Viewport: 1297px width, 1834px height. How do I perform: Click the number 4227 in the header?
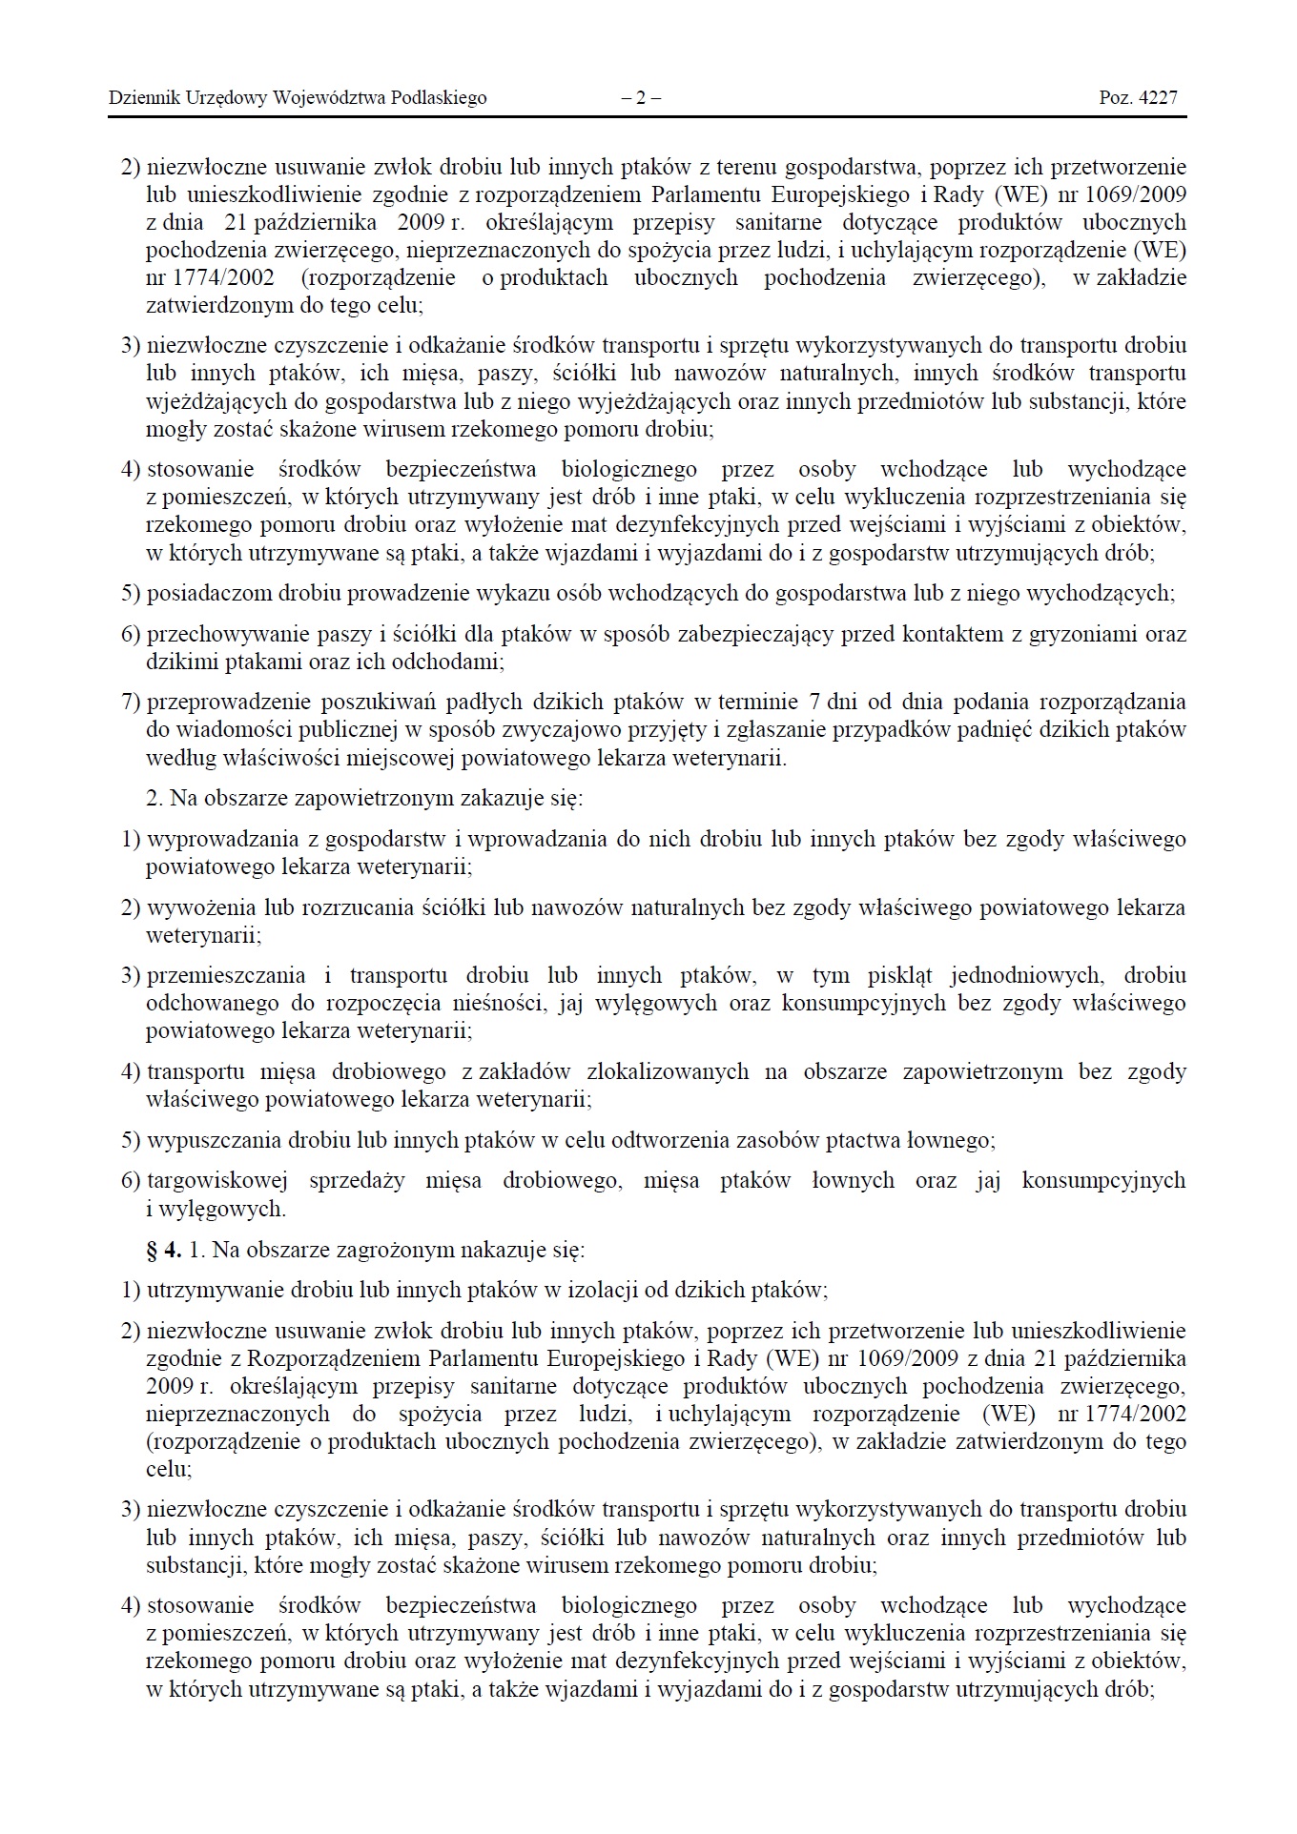tap(1158, 97)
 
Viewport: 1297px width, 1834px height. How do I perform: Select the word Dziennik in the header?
tap(140, 97)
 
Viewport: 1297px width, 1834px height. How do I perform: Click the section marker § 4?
tap(164, 1250)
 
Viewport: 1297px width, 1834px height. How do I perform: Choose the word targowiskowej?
tap(216, 1181)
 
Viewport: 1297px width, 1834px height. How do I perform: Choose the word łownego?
tap(956, 1140)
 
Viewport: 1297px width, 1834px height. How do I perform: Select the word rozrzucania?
tap(357, 907)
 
